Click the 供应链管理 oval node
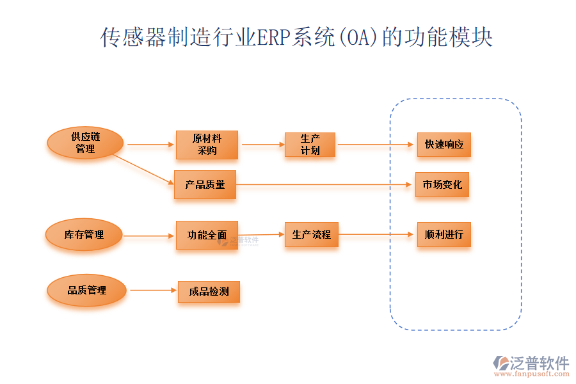pos(85,143)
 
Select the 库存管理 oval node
pos(84,235)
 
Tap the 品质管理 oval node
pos(86,291)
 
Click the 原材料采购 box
pos(207,145)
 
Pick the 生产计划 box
pos(310,145)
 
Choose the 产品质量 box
pos(205,185)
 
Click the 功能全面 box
pos(207,235)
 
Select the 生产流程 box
pos(311,235)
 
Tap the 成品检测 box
pos(209,292)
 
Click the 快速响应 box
pos(444,145)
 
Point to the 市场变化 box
pos(442,185)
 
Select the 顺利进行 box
pos(444,235)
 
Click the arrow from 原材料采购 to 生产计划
pos(262,145)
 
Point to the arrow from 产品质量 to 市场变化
pos(323,185)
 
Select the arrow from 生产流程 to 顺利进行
pos(376,235)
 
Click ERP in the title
pos(272,37)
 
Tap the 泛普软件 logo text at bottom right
pos(539,364)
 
